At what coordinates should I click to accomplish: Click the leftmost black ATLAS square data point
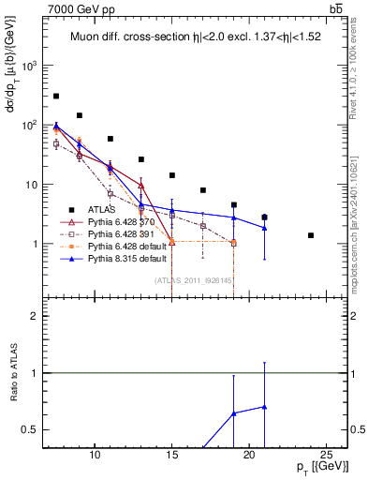[x=56, y=96]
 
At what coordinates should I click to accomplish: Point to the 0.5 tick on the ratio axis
[x=34, y=429]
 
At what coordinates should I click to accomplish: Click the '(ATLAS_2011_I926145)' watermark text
[x=193, y=280]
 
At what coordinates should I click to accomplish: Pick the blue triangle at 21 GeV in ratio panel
[x=264, y=407]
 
